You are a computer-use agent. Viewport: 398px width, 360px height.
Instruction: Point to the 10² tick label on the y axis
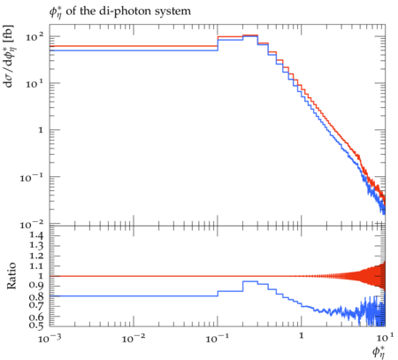tap(34, 37)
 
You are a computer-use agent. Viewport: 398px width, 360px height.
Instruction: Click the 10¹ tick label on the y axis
tap(34, 84)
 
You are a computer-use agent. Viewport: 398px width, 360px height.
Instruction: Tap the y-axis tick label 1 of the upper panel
tap(41, 130)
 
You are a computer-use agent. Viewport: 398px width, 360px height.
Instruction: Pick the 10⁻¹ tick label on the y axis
tap(32, 178)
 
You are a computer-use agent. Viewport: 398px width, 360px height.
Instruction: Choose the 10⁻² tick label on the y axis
tap(32, 225)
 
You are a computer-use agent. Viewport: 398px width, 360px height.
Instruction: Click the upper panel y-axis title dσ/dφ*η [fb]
tap(9, 56)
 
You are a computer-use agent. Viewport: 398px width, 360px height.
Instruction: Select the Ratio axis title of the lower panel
tap(11, 275)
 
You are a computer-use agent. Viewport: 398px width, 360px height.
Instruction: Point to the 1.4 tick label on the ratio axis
tap(36, 235)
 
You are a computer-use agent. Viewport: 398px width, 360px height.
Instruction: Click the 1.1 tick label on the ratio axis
tap(36, 266)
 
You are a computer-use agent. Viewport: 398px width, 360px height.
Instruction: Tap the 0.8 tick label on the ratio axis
tap(36, 296)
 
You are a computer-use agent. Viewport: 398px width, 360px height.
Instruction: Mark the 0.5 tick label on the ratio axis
tap(36, 325)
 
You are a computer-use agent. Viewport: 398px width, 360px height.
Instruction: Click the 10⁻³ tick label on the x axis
tap(50, 339)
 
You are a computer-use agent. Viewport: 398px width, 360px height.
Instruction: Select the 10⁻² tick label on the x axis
tap(134, 339)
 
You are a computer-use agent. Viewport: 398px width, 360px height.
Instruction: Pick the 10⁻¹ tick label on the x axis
tap(218, 339)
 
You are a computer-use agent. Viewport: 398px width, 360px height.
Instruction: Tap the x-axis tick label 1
tap(302, 336)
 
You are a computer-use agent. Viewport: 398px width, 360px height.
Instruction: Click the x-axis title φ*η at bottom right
tap(379, 352)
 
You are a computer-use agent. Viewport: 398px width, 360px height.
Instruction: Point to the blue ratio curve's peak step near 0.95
tap(250, 281)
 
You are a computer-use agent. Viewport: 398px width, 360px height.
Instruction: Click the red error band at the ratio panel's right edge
tap(383, 276)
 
